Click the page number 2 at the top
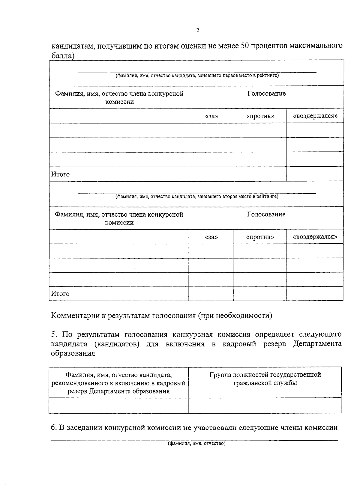[197, 30]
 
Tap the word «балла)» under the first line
[63, 56]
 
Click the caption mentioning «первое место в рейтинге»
[197, 76]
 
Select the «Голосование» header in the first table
[266, 94]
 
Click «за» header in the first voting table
[211, 116]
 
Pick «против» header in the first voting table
[260, 116]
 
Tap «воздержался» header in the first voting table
[315, 116]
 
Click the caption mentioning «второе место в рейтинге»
[197, 197]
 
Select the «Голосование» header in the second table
[266, 215]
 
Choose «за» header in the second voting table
[211, 237]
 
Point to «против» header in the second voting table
[260, 237]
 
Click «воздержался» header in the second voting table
[315, 237]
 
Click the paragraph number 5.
[53, 334]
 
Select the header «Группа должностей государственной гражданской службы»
[265, 379]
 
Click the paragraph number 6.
[53, 428]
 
